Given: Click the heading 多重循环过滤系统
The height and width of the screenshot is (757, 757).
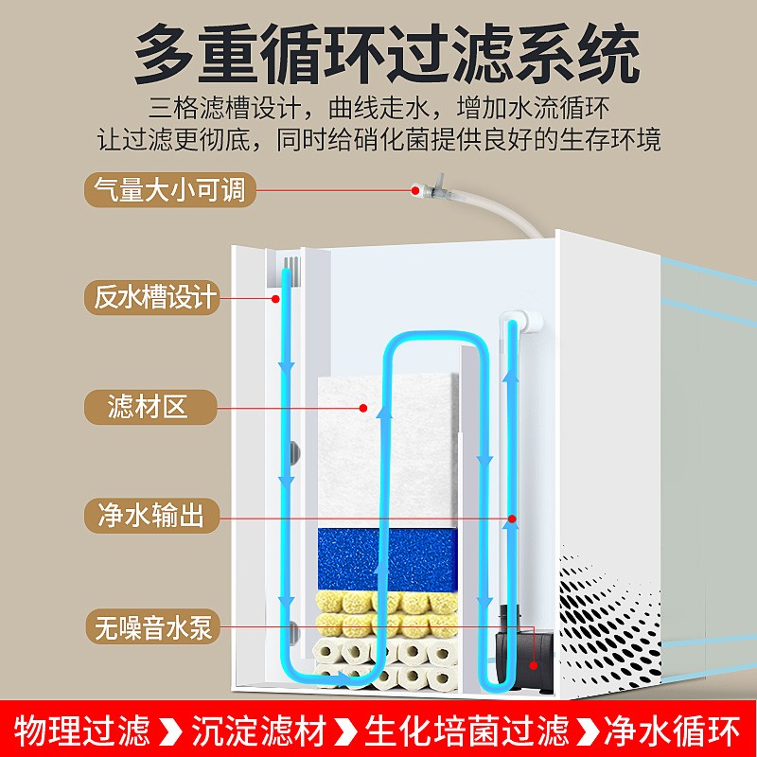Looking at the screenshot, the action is tap(378, 54).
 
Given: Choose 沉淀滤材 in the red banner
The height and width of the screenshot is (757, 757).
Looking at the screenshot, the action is tap(259, 731).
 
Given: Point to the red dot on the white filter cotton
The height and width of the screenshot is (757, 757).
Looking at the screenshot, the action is tap(362, 409).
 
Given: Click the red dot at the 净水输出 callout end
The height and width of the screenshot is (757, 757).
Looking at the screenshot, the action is tap(511, 519).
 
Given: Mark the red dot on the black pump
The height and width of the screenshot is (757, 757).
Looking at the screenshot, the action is tap(533, 625).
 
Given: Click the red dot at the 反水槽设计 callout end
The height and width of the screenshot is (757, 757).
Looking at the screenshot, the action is tap(275, 299).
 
